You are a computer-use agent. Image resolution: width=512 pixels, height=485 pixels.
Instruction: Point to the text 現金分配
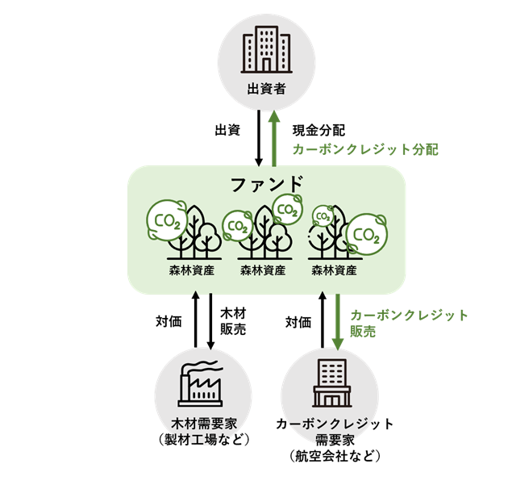point(318,130)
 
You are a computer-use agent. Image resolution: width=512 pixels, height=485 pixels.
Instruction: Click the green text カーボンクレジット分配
point(364,149)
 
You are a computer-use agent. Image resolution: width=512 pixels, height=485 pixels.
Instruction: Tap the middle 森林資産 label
point(263,271)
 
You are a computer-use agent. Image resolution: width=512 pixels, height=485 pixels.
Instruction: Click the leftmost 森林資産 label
point(191,271)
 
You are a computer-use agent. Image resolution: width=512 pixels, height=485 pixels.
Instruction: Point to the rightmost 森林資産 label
point(335,271)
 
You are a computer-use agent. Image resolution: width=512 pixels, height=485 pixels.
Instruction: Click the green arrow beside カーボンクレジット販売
point(339,321)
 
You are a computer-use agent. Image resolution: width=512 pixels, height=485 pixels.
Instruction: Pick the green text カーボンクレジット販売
point(409,322)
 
